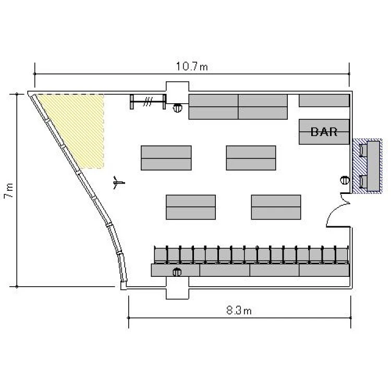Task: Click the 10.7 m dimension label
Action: (x=192, y=66)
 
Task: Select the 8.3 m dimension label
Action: (x=239, y=311)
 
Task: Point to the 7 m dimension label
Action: (x=9, y=191)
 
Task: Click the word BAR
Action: (x=324, y=132)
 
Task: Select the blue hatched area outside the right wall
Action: (x=367, y=166)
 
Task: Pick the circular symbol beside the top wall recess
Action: (x=177, y=108)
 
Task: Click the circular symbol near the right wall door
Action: (x=345, y=180)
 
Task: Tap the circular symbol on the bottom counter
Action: (x=177, y=272)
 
